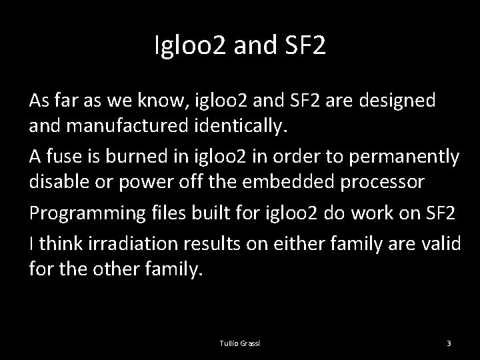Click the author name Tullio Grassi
pos(239,343)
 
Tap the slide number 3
pos(449,343)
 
